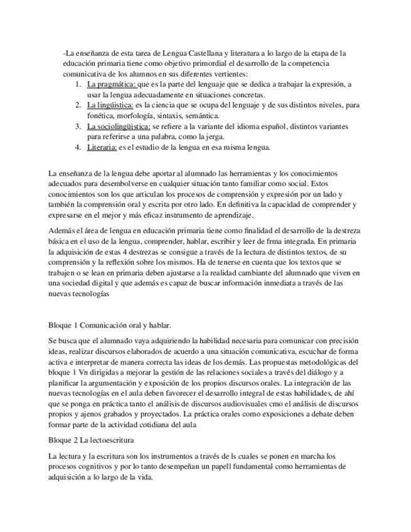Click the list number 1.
77,84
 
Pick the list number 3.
77,126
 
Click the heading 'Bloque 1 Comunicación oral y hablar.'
110,325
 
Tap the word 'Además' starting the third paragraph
61,230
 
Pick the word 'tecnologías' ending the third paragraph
92,294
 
